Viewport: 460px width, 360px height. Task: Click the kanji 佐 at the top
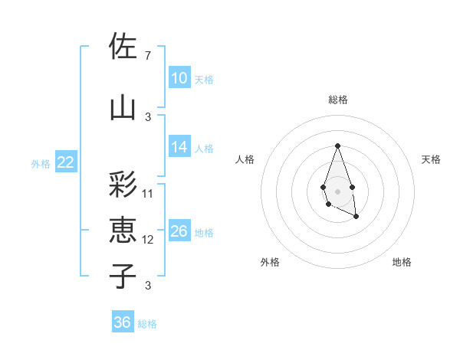tap(123, 47)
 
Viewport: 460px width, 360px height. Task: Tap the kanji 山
tap(123, 107)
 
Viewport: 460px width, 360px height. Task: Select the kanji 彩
tap(123, 185)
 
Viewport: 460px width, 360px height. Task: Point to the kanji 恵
tap(123, 231)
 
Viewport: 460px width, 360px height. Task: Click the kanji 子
tap(123, 277)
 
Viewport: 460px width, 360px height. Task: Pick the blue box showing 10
tap(179, 78)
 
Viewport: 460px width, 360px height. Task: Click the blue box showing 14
tap(179, 147)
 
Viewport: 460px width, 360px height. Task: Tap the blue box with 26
tap(179, 231)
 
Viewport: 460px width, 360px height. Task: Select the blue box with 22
tap(66, 162)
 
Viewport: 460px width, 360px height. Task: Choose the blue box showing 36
tap(123, 322)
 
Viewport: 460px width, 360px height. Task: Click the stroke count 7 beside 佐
tap(147, 56)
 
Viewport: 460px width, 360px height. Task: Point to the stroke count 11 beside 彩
tap(148, 194)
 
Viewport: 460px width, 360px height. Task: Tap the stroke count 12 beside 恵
tap(148, 240)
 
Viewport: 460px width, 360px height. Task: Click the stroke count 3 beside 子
tap(147, 286)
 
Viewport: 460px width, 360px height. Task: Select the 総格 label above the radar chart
tap(337, 100)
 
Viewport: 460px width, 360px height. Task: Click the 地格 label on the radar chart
tap(402, 263)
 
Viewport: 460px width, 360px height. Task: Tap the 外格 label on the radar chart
tap(270, 263)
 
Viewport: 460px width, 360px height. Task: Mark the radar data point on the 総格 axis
tap(337, 146)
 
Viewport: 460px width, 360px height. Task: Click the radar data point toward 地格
tap(356, 217)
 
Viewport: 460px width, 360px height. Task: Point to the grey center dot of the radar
tap(337, 190)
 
